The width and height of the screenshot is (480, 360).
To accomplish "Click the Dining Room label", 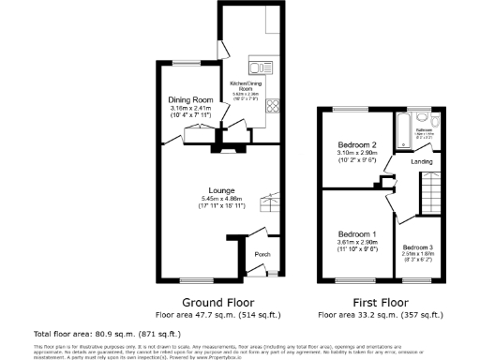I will [189, 99].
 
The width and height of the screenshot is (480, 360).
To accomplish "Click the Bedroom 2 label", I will [357, 145].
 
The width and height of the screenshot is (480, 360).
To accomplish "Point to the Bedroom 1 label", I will [357, 233].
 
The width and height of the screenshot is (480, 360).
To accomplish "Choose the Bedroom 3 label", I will [418, 246].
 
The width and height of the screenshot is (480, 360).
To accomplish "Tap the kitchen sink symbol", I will [260, 67].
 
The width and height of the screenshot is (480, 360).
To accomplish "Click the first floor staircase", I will [430, 198].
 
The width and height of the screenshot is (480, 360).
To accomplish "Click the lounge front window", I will [196, 281].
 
